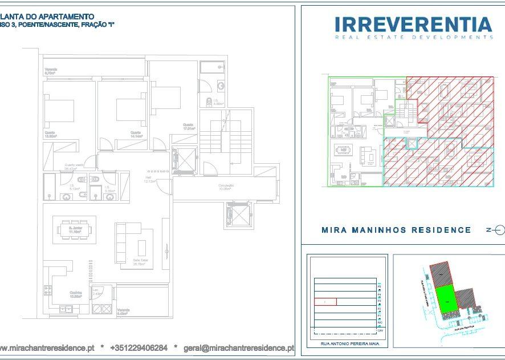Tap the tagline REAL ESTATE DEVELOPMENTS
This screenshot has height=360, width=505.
coord(414,37)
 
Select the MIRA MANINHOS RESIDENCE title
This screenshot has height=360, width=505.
coord(396,230)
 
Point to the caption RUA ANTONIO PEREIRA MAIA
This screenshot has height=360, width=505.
coord(347,345)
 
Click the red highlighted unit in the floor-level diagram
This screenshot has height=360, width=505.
coord(325,301)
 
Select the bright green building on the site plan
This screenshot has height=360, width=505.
coord(447,298)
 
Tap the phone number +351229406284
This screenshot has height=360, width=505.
coord(139,347)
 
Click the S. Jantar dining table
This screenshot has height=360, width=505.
coord(76,230)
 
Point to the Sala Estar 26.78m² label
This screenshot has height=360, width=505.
coord(141,263)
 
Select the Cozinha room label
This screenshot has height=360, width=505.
coord(76,294)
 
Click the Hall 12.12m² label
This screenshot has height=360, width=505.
coord(149,180)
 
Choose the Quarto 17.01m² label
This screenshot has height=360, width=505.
coord(189,127)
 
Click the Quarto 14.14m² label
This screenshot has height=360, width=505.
coord(136,135)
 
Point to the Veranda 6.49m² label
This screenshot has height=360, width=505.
coord(124,312)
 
